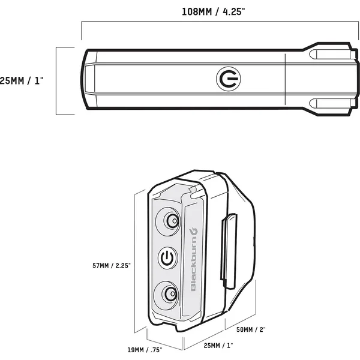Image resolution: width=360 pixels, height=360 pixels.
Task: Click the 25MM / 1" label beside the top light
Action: (x=22, y=81)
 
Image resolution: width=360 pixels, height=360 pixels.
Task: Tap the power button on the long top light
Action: (x=229, y=79)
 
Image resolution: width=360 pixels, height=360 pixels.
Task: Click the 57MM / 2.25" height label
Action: (x=112, y=266)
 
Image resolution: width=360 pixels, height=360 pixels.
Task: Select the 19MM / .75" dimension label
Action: (x=145, y=350)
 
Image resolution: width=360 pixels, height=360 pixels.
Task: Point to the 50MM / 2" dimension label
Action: (x=251, y=329)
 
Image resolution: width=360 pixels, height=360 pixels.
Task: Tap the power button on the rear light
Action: (x=168, y=257)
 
